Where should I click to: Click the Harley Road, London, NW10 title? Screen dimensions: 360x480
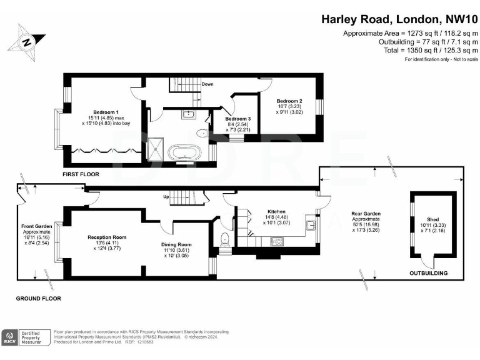399,19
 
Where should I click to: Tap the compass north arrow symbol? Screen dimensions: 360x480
27,42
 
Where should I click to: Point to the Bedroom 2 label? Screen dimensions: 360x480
289,101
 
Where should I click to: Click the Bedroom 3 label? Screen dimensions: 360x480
238,119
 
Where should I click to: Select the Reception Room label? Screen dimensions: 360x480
106,237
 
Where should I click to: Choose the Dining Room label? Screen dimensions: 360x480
177,244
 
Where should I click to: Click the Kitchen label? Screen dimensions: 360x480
276,212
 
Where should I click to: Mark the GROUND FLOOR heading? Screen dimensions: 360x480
38,299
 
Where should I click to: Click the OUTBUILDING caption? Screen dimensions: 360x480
428,273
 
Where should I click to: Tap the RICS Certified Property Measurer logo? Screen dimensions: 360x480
26,338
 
